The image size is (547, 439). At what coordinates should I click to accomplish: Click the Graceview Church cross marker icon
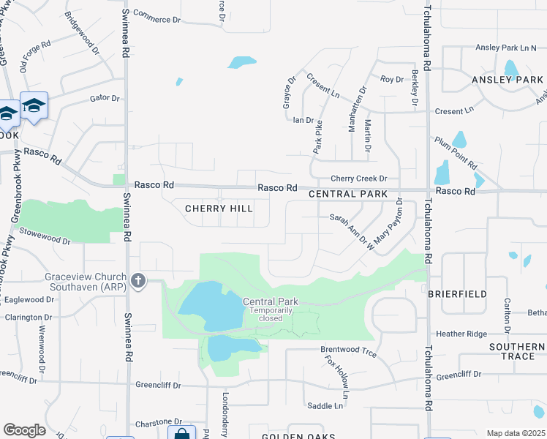137,280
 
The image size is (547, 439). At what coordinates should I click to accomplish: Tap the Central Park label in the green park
271,301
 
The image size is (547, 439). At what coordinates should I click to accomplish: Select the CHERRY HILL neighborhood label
219,209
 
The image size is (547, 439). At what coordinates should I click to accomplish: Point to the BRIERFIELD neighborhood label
457,293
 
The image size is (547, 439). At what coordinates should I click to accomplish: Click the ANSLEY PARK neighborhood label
508,79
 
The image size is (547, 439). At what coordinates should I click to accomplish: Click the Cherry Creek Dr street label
358,179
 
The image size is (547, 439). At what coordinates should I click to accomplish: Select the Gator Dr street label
104,97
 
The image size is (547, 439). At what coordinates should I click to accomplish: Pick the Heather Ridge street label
461,334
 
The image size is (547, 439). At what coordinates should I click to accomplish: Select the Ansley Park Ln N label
506,48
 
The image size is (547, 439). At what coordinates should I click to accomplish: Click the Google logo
24,430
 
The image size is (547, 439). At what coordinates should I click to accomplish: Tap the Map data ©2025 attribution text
516,433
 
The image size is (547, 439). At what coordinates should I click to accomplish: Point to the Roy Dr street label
392,79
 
